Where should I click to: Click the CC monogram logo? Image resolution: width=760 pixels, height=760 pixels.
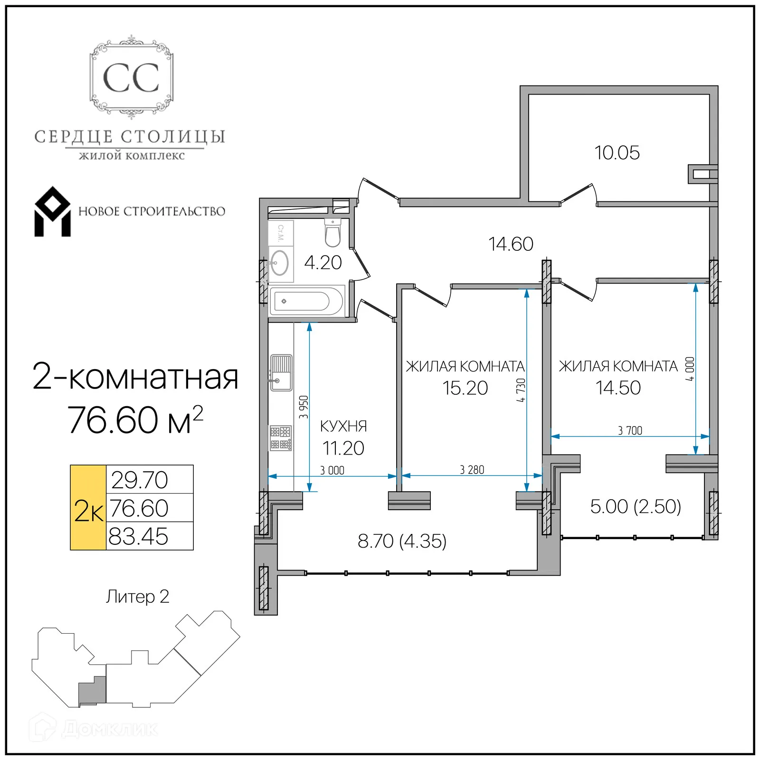coord(131,77)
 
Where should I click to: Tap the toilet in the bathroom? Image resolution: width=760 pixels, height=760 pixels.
coord(332,233)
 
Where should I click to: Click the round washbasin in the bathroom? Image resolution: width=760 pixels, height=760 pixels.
coord(279,263)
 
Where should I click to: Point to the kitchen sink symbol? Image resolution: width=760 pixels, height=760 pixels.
coord(281,373)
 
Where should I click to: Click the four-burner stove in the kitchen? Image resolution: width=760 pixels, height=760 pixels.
coord(280,438)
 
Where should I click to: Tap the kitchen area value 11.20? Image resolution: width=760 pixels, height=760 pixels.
coord(343,448)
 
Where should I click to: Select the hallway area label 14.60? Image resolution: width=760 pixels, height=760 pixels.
coord(511,244)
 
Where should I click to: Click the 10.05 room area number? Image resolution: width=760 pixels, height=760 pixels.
coord(617,153)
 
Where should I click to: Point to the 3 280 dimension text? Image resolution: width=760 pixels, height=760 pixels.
coord(472,470)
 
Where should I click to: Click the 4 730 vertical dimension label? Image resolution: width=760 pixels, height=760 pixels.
coord(521,390)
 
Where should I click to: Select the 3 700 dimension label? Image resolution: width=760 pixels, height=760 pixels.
coord(630,430)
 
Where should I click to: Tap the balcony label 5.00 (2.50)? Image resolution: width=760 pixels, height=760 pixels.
coord(635,506)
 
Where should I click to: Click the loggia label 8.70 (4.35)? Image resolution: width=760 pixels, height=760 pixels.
coord(402,541)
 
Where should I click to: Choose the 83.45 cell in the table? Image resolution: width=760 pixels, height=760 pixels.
coord(139,536)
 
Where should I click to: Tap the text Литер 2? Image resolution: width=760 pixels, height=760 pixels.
coord(137,597)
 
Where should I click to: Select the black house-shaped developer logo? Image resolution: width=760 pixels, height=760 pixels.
coord(52,212)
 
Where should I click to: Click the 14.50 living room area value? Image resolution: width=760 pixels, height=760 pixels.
coord(618,388)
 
